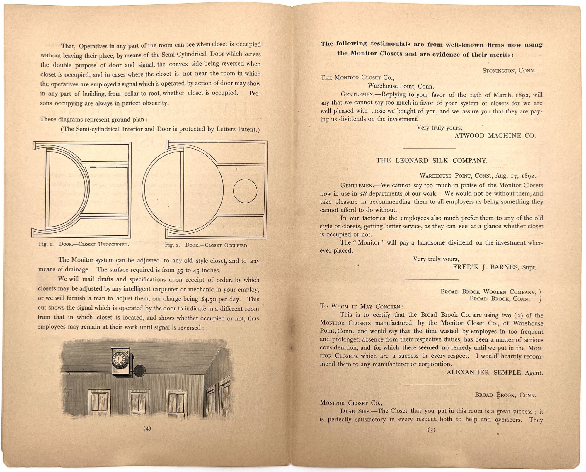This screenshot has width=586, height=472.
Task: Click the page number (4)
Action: [x=147, y=428]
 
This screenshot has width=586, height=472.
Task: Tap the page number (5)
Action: [x=432, y=430]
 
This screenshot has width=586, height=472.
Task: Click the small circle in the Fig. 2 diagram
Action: [x=245, y=191]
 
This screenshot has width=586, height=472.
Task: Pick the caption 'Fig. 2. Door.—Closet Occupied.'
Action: [x=207, y=245]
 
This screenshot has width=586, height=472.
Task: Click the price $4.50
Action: [x=210, y=299]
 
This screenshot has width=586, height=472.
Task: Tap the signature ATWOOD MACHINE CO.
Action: [x=495, y=136]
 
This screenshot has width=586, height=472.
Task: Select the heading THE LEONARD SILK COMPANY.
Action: [x=432, y=160]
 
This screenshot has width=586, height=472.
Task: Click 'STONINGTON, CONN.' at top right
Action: [x=509, y=70]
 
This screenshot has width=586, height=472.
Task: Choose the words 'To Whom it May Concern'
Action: [x=361, y=306]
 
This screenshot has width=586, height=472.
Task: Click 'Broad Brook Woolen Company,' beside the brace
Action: [x=488, y=292]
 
